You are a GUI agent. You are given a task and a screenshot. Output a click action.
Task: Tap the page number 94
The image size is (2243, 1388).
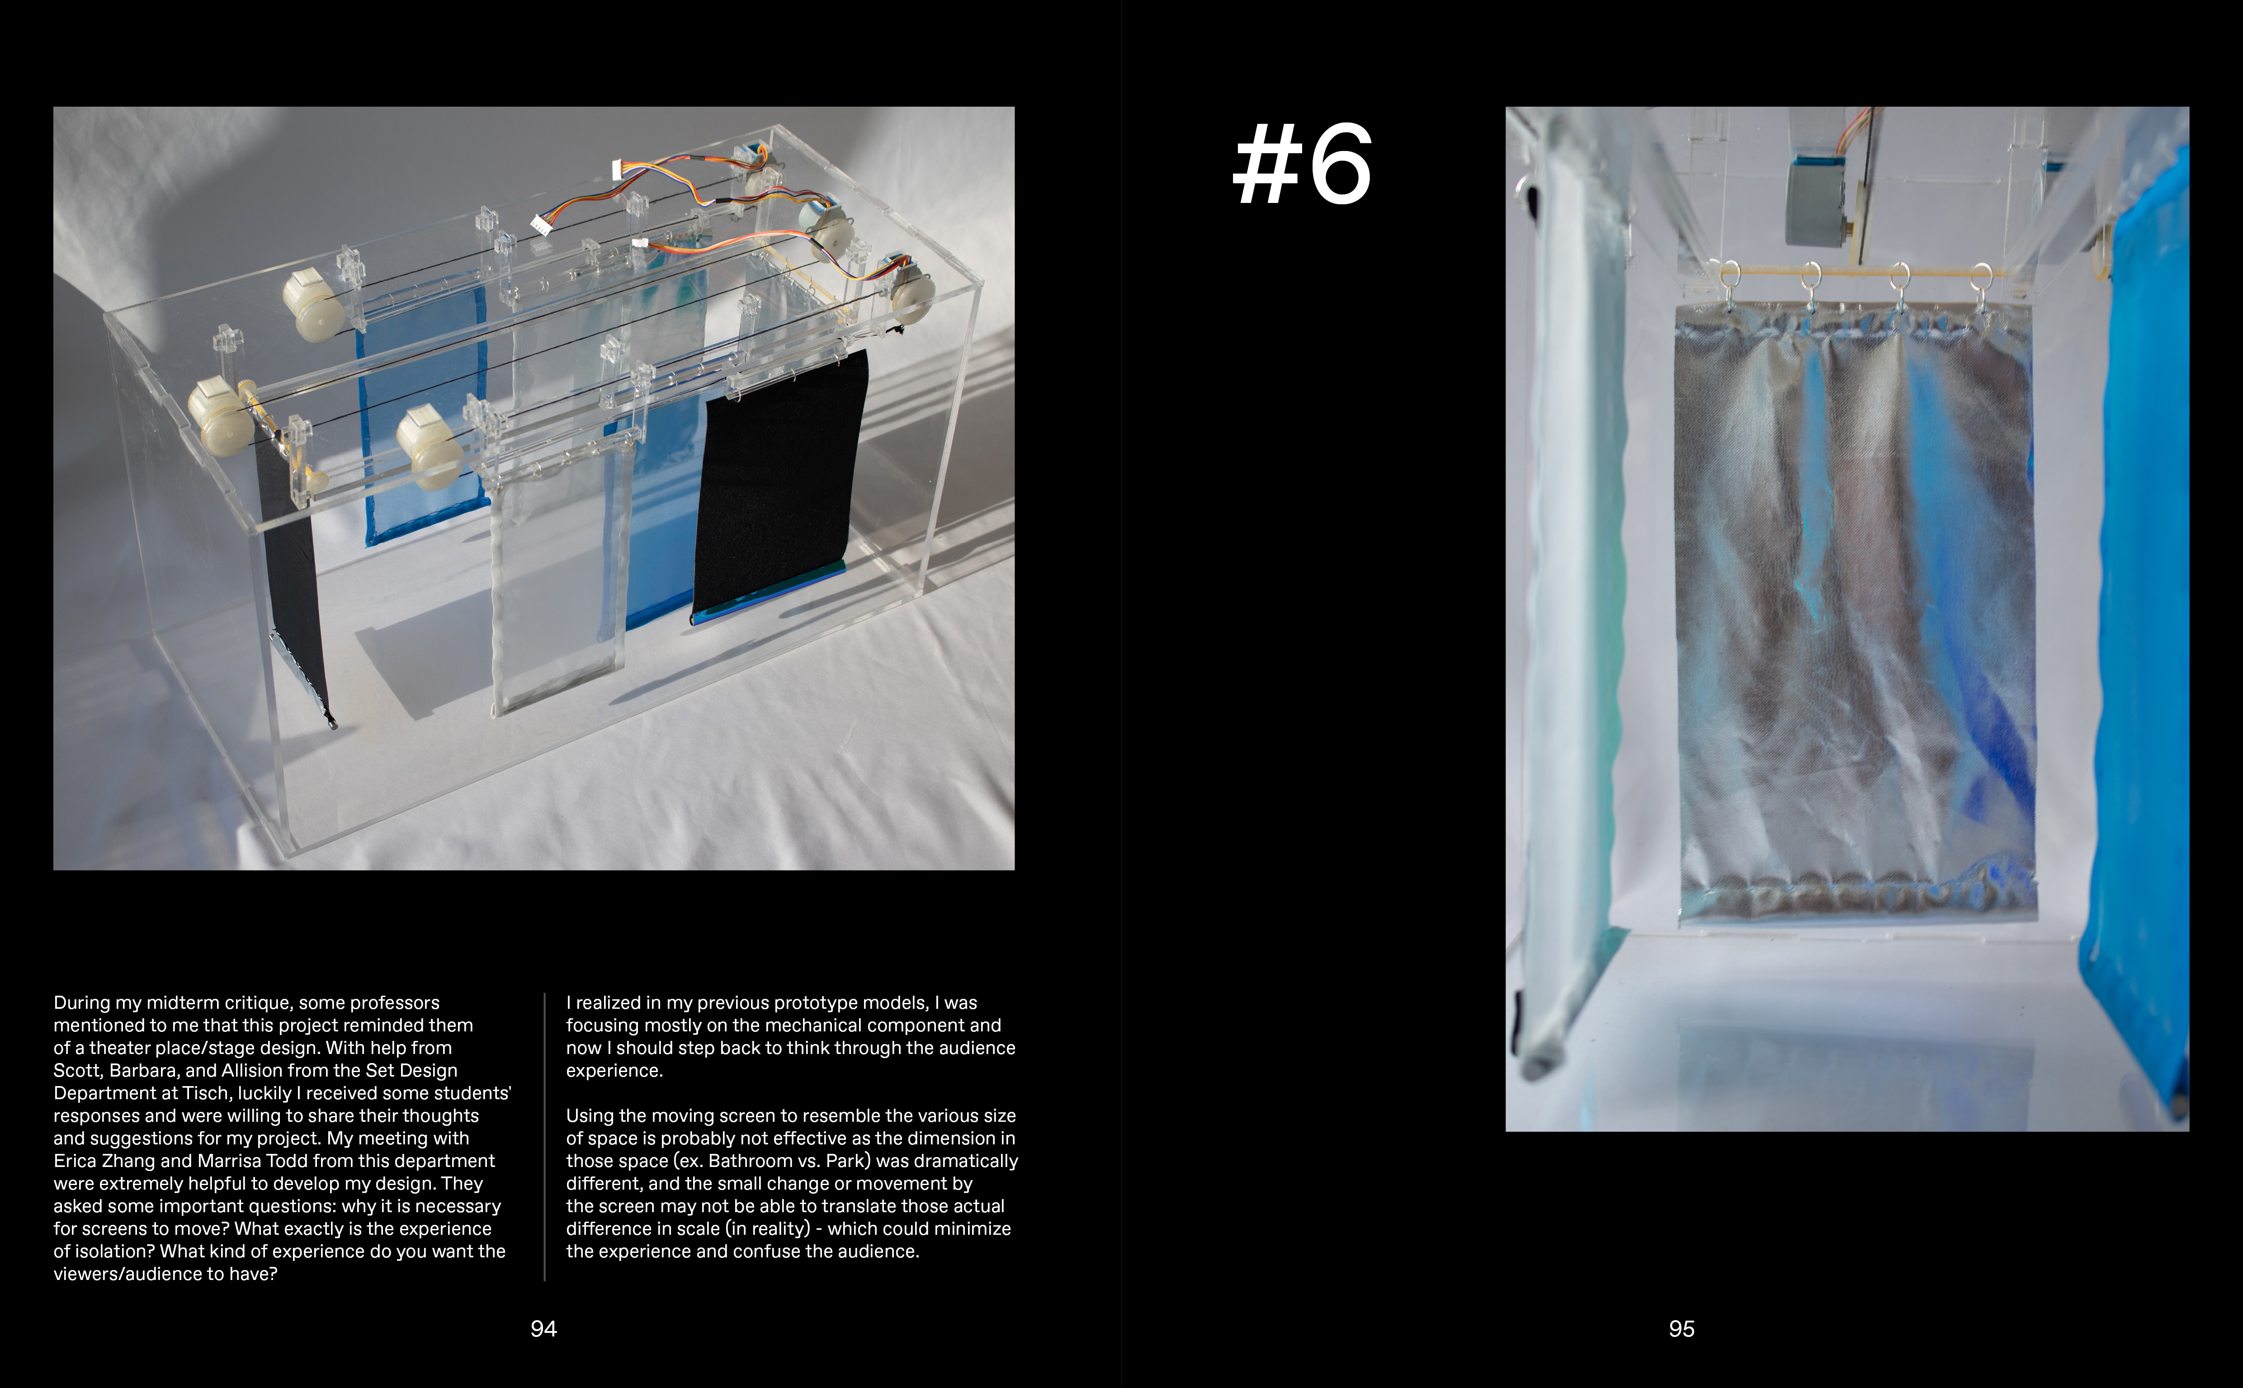point(543,1328)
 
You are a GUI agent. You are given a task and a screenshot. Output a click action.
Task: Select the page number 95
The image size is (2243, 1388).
point(1681,1328)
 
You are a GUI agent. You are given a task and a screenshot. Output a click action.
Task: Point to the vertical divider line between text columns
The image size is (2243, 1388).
point(544,1136)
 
